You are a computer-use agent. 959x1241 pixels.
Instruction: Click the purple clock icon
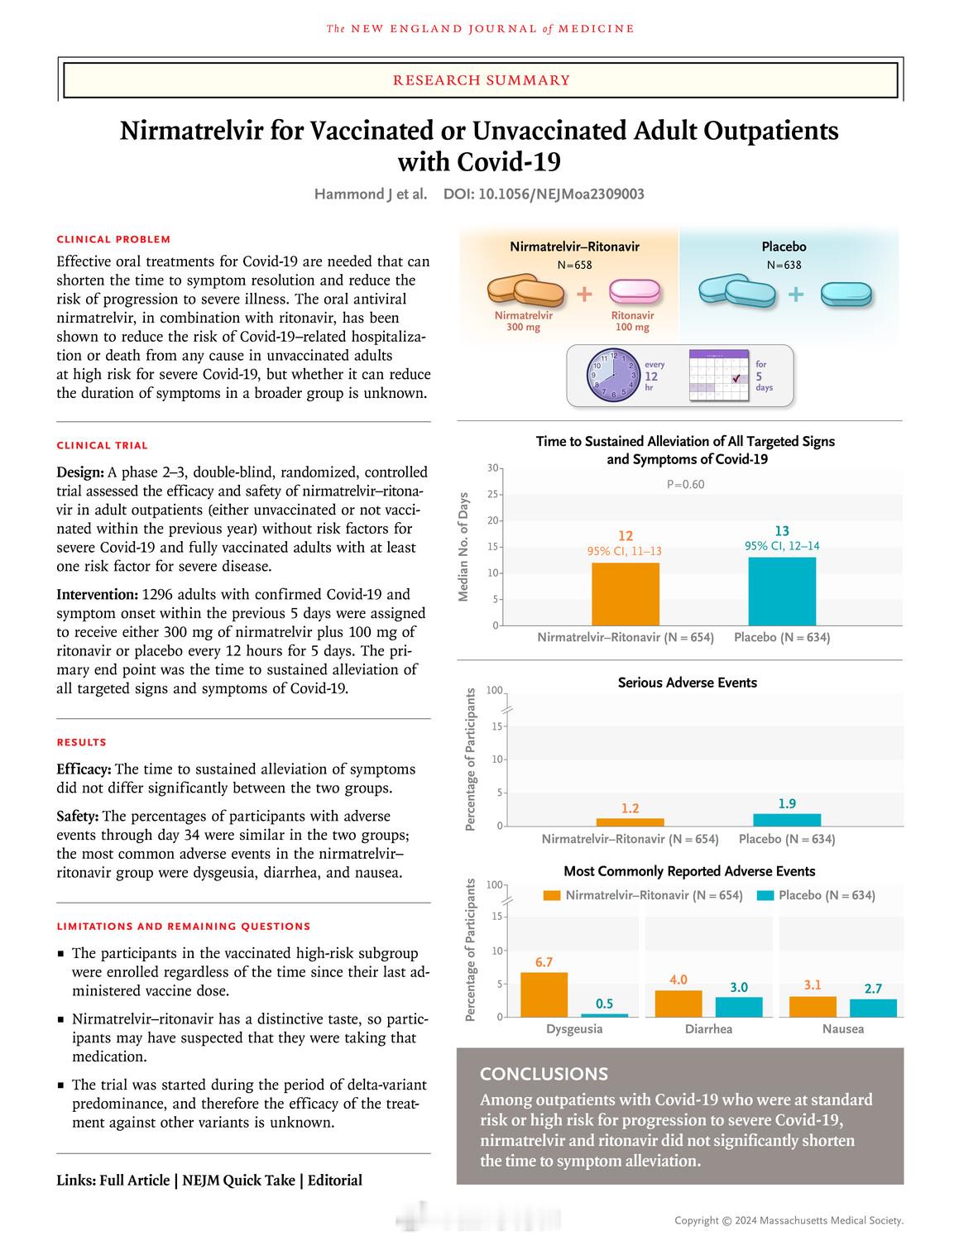[611, 375]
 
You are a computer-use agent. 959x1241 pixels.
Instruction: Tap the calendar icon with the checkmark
[719, 378]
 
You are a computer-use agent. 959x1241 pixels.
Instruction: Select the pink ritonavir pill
[635, 293]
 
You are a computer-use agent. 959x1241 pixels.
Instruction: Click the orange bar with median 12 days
[626, 594]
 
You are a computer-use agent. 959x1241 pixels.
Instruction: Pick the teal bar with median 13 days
[782, 591]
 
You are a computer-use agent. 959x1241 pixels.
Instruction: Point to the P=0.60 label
[685, 484]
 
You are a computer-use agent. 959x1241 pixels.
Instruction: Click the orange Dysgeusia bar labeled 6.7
[544, 994]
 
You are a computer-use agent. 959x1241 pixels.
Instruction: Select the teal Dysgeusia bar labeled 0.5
[604, 1015]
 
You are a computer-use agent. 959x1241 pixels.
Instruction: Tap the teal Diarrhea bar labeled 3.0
[739, 1007]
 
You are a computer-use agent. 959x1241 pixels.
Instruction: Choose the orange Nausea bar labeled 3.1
[813, 1007]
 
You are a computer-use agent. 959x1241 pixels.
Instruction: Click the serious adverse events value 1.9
[787, 803]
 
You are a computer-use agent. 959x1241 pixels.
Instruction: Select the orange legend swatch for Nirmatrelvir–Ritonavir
[552, 895]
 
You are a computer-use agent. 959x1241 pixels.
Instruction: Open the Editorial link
[334, 1181]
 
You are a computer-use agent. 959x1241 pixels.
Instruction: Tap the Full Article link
[134, 1181]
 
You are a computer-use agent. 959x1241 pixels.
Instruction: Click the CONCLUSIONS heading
[544, 1074]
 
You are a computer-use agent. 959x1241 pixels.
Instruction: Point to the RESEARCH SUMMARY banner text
[481, 80]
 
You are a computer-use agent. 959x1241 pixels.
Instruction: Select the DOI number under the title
[544, 194]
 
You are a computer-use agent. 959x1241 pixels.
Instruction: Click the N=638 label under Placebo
[784, 266]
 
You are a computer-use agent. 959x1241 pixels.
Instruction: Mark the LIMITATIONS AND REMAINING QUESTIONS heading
[183, 927]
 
